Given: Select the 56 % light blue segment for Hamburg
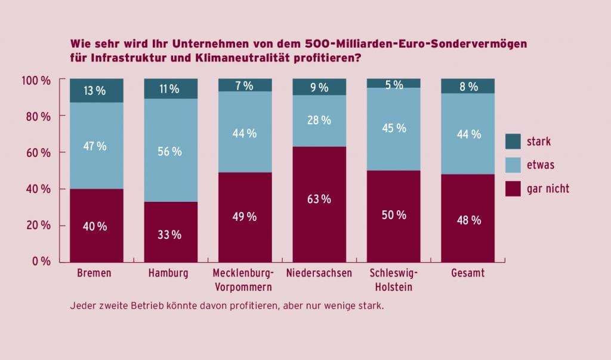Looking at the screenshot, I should point(171,150).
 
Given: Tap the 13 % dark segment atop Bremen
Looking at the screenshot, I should point(96,91).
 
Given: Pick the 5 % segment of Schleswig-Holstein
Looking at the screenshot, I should point(393,84).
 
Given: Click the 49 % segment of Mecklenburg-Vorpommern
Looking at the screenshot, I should point(245,217).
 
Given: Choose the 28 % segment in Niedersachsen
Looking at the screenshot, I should point(319,121).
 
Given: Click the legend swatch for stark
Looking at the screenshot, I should point(513,141).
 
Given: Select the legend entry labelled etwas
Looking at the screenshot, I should point(540,165).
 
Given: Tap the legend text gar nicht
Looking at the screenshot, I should point(548,189).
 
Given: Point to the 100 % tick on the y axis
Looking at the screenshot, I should point(36,80).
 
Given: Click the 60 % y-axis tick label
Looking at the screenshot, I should point(39,152).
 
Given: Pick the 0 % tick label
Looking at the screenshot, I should point(42,261).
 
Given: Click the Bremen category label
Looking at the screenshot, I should point(95,273).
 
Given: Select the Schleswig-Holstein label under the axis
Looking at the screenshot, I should point(394,280).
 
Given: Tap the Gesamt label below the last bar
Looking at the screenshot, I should point(468,273).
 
